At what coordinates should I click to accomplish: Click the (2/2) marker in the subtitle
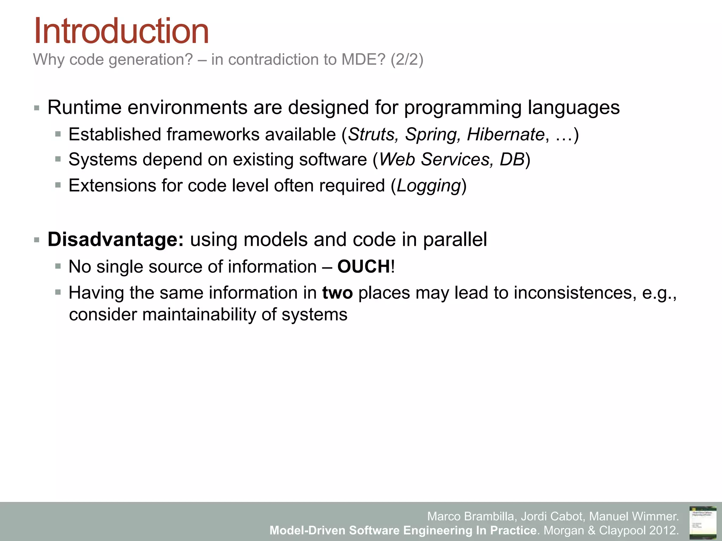click(x=406, y=60)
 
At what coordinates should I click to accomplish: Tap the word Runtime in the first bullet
click(x=85, y=107)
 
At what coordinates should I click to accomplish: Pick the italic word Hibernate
click(x=506, y=135)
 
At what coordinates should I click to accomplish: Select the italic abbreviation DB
click(x=512, y=160)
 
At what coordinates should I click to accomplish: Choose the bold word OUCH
click(x=363, y=267)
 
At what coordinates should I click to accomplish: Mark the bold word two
click(x=337, y=293)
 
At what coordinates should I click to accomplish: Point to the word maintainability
click(x=199, y=315)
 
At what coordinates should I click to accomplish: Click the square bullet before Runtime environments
click(x=37, y=108)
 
